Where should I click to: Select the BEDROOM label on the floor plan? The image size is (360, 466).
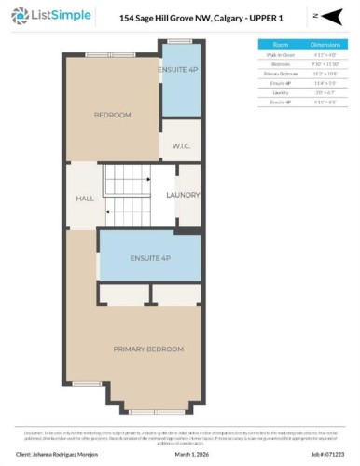(x=112, y=115)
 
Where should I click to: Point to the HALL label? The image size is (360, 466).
(x=84, y=198)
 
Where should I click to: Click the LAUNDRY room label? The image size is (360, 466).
(x=182, y=195)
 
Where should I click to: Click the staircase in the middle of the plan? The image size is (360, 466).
(x=126, y=194)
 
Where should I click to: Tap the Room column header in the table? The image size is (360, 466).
(x=280, y=45)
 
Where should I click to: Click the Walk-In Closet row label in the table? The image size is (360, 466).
(x=280, y=55)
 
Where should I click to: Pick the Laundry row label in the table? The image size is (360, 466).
(x=280, y=92)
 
